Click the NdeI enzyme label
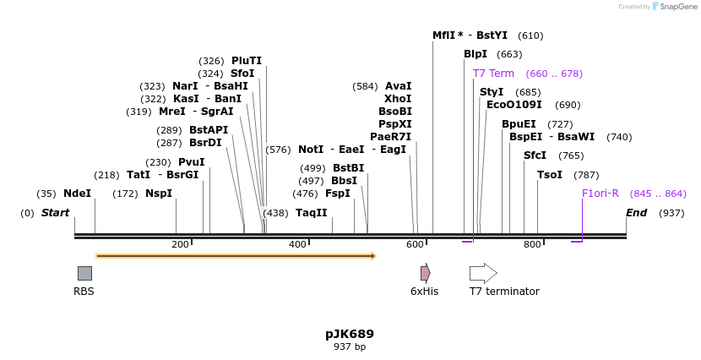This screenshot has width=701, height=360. point(77,194)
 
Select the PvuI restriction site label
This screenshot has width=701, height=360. point(191,162)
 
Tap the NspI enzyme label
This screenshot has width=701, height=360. point(158,194)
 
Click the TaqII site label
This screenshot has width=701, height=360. point(311,213)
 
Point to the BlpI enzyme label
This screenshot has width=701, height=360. point(475,54)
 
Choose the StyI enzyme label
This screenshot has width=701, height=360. point(492,92)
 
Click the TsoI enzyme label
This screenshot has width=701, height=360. point(550,175)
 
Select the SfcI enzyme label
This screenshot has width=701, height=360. point(535,155)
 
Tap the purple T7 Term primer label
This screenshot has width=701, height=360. point(493,74)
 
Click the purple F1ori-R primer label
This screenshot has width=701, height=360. point(600,194)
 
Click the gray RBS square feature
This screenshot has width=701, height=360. point(84,273)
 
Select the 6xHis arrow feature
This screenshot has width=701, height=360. point(426,273)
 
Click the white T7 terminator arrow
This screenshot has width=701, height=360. point(483,273)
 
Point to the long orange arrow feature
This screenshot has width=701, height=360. point(236,255)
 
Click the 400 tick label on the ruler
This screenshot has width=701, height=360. point(297,245)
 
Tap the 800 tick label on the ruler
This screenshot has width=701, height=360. point(532,245)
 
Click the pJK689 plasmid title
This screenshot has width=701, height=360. point(350,334)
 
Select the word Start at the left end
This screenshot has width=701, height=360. point(55,213)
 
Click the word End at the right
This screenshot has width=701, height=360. point(636,213)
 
